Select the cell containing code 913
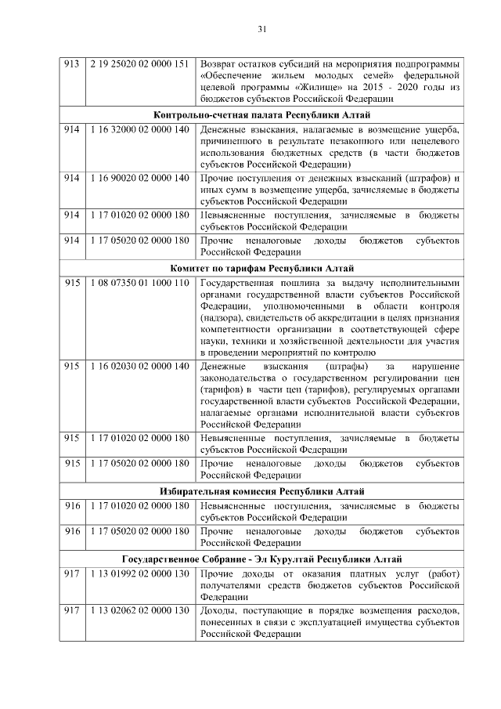pos(72,63)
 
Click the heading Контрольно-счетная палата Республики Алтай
pos(261,114)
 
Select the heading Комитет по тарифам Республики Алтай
pos(261,267)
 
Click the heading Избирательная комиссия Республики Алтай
pos(261,491)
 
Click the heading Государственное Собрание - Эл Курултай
pos(261,559)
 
